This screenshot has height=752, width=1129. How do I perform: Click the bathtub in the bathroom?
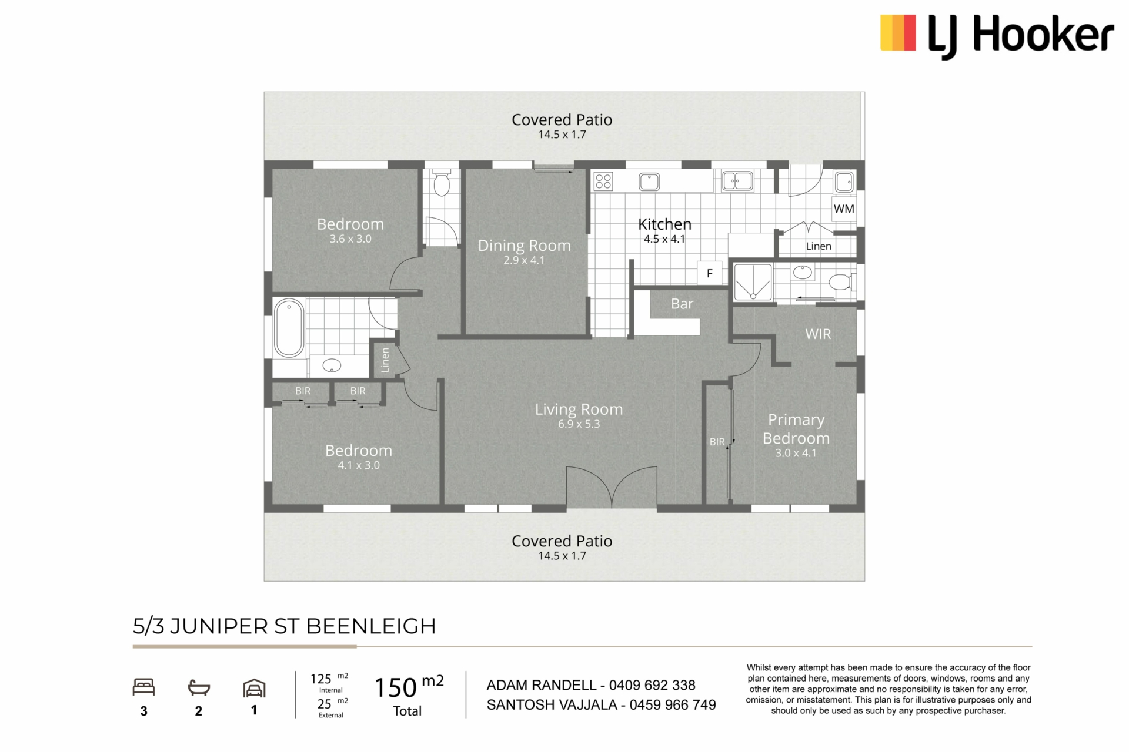point(289,328)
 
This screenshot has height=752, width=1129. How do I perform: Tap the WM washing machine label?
point(844,209)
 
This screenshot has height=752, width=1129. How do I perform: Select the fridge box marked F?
point(710,273)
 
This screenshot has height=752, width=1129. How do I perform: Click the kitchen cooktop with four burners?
point(603,181)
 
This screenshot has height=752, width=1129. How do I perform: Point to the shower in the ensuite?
point(753,282)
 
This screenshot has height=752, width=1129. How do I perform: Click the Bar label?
point(682,304)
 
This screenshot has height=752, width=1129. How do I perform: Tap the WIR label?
point(818,334)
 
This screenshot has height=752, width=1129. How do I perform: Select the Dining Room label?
point(525,246)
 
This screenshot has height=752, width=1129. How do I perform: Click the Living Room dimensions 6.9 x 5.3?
point(579,424)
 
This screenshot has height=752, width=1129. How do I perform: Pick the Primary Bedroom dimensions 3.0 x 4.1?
point(796,453)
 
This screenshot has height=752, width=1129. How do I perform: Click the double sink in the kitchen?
point(737,181)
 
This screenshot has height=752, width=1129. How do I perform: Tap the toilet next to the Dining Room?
point(442,183)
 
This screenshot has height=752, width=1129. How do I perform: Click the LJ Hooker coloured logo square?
point(898,33)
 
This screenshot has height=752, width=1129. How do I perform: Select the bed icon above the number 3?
point(143,687)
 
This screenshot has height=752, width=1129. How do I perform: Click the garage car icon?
point(254,688)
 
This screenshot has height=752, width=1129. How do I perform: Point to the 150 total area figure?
point(396,688)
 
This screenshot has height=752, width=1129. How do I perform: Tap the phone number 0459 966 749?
point(673,705)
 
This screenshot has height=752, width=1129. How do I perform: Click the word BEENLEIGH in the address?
point(371,626)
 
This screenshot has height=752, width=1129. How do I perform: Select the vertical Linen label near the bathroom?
point(385,360)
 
